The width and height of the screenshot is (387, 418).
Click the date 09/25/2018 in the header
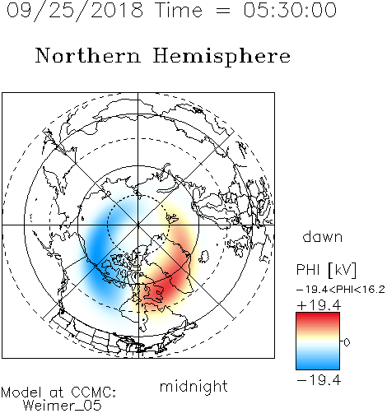(75, 11)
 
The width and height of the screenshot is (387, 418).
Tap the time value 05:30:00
(290, 10)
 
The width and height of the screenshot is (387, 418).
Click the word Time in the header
(179, 10)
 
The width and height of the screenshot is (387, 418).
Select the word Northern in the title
(88, 55)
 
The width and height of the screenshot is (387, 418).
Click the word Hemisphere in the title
(221, 57)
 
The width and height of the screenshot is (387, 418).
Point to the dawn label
(323, 236)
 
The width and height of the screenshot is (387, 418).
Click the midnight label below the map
(193, 386)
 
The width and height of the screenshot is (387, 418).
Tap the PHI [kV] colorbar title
(326, 270)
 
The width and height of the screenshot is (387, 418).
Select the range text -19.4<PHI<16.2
(341, 290)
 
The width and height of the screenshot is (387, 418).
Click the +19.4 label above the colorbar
(319, 305)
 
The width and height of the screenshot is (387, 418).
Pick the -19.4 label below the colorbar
(319, 380)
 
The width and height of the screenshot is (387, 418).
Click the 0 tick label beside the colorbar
(347, 342)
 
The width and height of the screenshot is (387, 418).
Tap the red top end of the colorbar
(318, 315)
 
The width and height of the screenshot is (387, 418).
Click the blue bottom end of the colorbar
(318, 367)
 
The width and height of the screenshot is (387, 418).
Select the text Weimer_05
(63, 406)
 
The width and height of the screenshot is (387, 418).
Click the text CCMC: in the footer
(94, 392)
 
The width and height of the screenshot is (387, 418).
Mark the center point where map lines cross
(138, 225)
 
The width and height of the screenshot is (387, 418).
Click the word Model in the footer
(21, 392)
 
